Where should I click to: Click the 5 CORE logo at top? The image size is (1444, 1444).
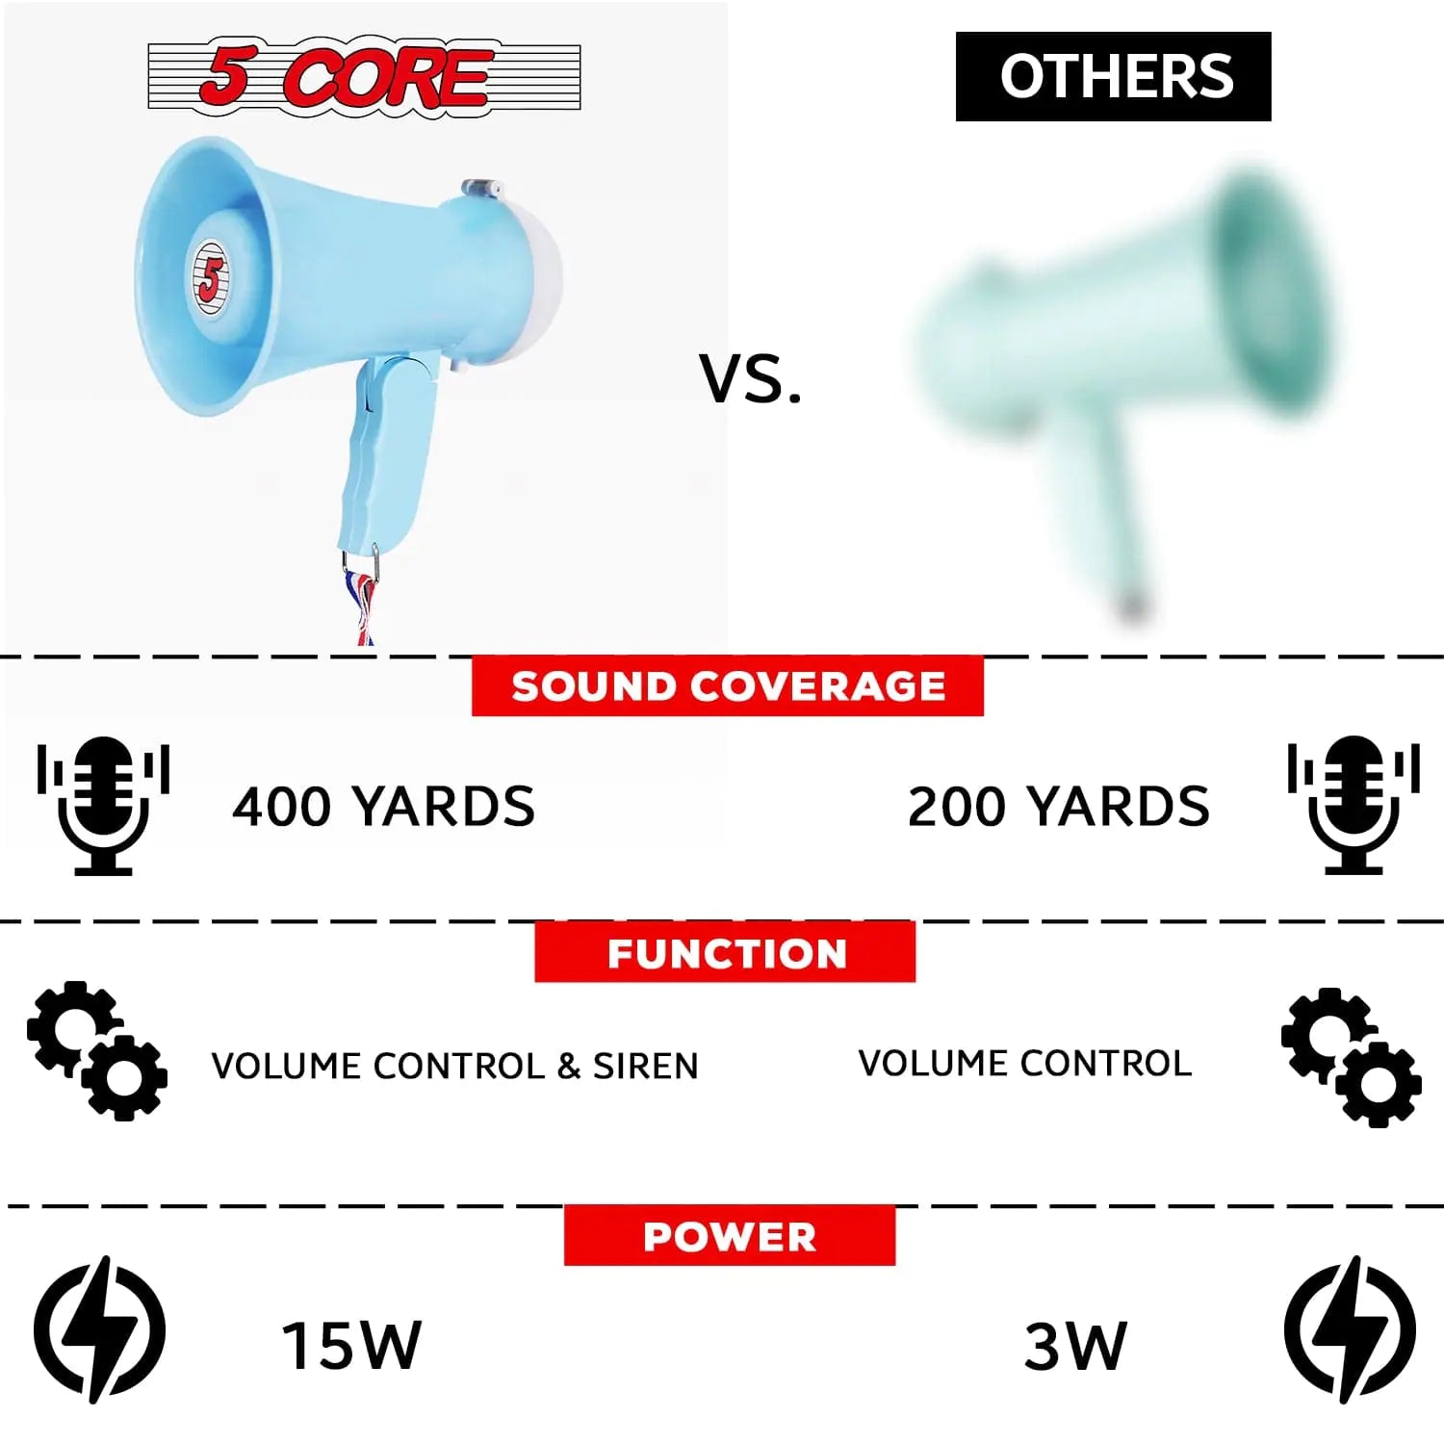click(364, 75)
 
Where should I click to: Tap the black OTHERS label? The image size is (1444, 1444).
click(1113, 76)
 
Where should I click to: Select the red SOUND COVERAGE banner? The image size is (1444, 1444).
click(728, 686)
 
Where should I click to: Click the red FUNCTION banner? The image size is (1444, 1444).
click(725, 952)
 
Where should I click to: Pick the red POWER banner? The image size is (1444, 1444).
click(730, 1236)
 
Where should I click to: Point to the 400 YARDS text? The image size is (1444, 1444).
click(383, 807)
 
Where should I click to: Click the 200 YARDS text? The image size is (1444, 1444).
click(1058, 807)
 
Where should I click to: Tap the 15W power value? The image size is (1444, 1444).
click(351, 1345)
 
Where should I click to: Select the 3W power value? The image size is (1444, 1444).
click(1074, 1346)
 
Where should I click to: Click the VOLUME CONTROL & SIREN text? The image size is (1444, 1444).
click(454, 1066)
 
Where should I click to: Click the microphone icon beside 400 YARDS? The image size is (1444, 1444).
click(103, 807)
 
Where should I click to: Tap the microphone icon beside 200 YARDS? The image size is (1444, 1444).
click(1354, 805)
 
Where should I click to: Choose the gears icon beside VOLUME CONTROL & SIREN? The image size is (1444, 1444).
click(97, 1051)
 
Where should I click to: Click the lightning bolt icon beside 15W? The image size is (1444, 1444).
click(99, 1329)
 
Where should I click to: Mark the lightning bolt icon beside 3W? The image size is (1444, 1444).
click(1350, 1329)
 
